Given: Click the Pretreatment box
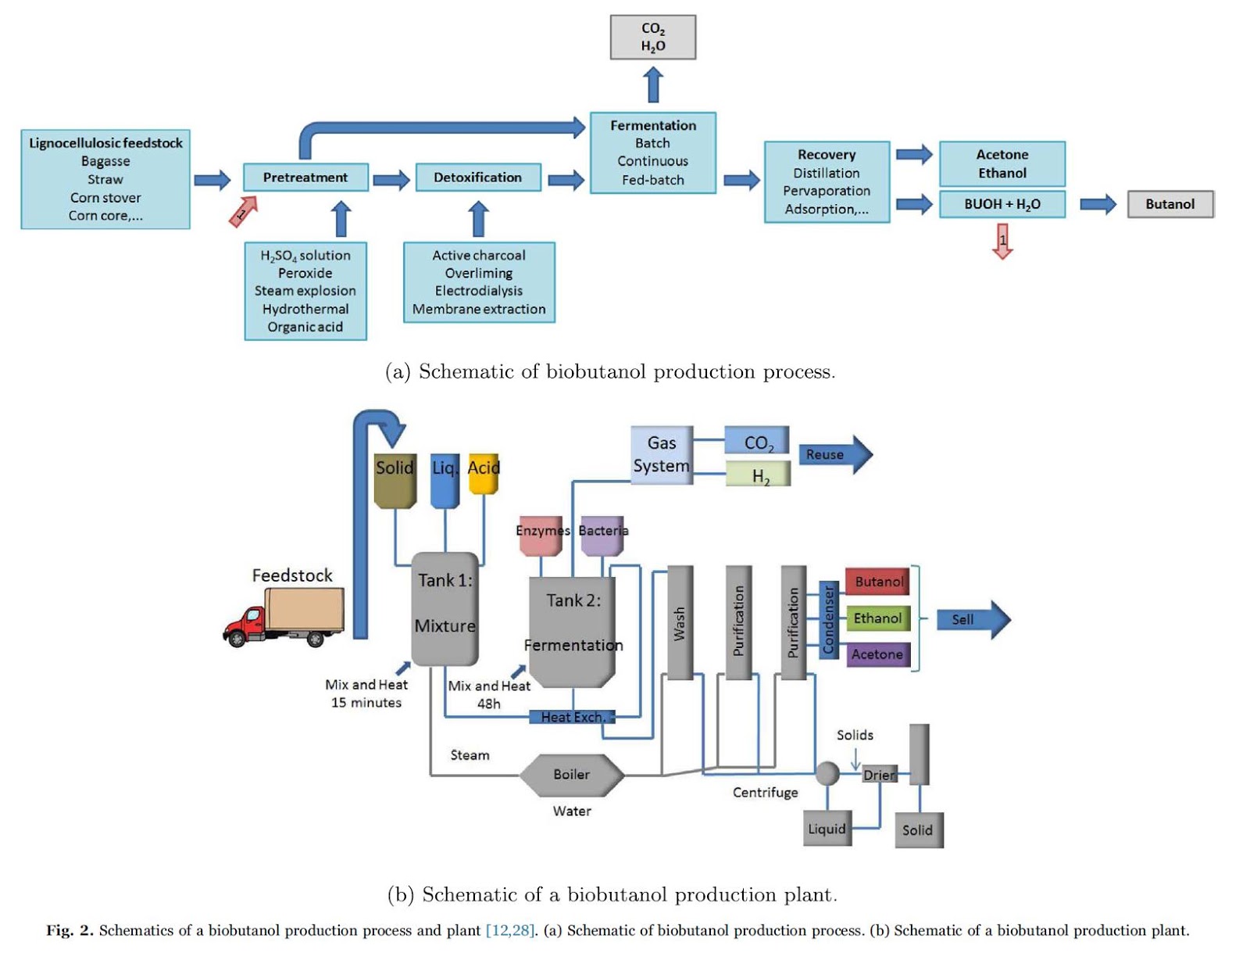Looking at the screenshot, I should click(305, 177).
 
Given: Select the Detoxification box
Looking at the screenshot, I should click(477, 177).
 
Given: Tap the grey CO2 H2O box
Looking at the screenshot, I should click(653, 38).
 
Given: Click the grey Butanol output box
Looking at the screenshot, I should click(1170, 204).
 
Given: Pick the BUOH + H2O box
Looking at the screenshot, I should click(1002, 204).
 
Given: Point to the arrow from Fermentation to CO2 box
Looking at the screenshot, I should click(653, 84).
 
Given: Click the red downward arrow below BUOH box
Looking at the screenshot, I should click(1002, 241).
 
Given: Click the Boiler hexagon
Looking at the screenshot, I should click(572, 775).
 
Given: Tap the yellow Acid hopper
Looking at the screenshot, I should click(483, 473).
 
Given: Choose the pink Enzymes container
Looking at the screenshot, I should click(541, 535).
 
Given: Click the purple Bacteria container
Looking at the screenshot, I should click(602, 535).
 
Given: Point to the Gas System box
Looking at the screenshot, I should click(662, 455).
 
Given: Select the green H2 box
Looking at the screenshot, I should click(758, 475).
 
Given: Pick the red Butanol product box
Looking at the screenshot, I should click(877, 582).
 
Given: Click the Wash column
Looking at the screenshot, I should click(680, 623).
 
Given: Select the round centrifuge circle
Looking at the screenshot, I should click(827, 773).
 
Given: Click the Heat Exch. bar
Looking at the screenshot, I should click(572, 717).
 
